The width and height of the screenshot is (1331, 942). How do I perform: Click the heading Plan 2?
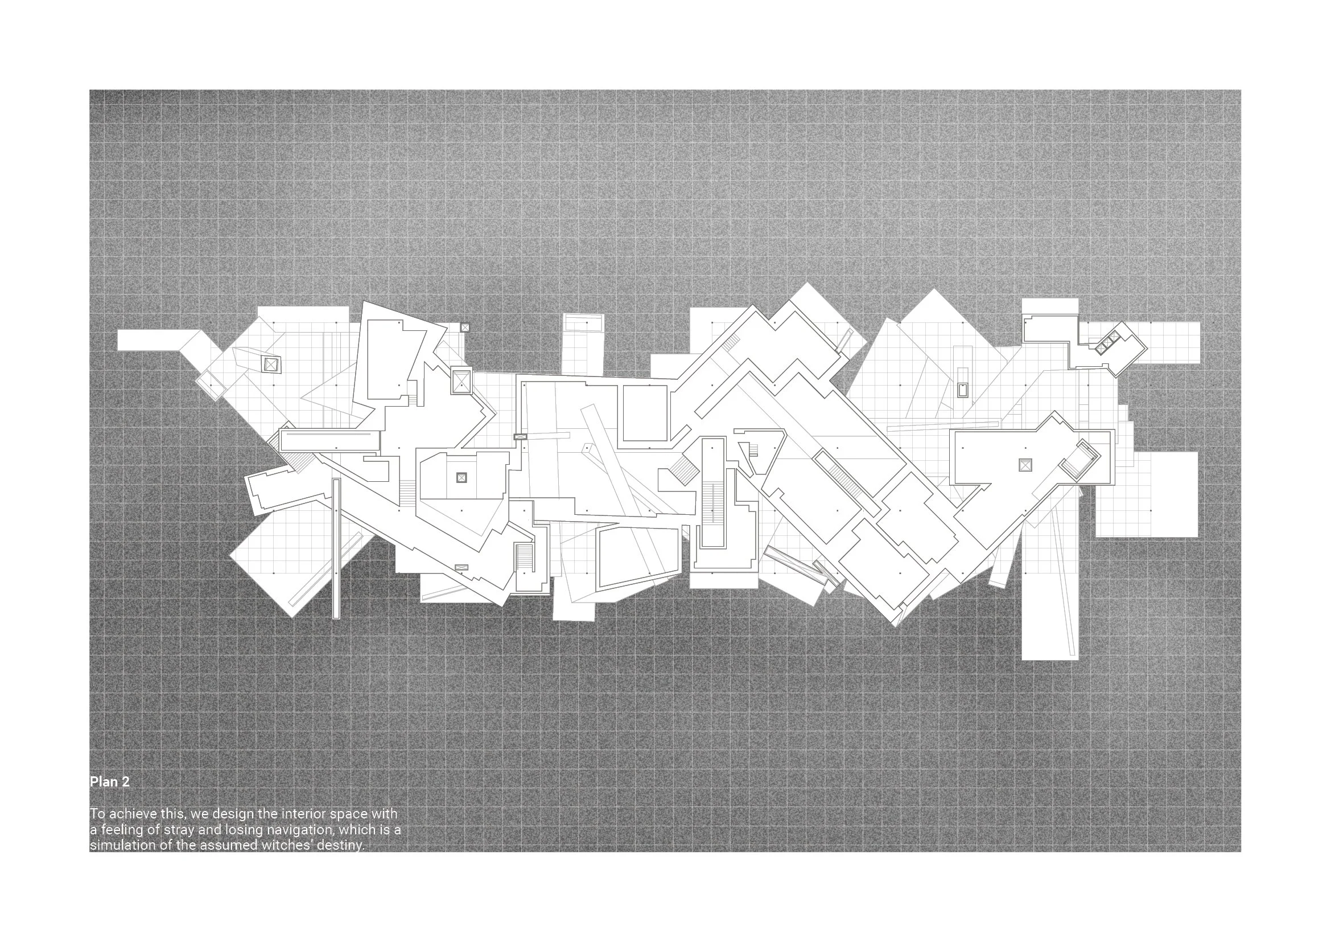point(110,782)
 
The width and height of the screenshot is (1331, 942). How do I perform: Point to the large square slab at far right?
point(1146,494)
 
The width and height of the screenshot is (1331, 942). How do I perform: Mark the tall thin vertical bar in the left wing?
point(336,547)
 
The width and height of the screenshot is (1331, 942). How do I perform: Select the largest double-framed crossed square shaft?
point(462,381)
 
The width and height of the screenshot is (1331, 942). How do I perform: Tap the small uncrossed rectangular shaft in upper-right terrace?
point(963,390)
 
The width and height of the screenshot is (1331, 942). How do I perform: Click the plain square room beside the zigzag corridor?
point(645,413)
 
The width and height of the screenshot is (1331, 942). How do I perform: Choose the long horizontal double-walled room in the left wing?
point(329,440)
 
